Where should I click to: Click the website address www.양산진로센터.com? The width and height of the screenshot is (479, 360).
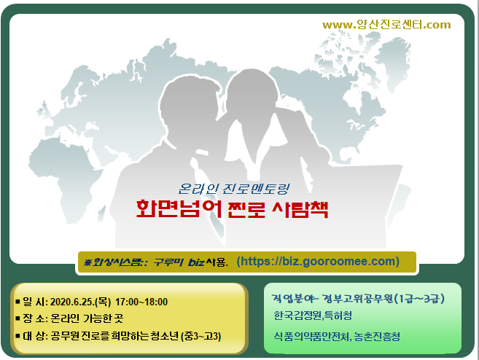(386, 25)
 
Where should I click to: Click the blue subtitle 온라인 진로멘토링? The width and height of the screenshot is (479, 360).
(234, 189)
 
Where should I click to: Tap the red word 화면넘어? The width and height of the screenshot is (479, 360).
(179, 208)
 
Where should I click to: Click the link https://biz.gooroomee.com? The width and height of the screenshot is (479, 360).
(318, 262)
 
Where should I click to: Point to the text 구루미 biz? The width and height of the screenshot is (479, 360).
(179, 262)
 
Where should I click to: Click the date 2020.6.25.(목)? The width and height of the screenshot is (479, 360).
(80, 302)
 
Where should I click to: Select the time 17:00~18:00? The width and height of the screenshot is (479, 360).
(141, 302)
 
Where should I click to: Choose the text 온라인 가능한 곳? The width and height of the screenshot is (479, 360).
(87, 318)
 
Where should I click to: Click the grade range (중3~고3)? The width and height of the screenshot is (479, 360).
(201, 336)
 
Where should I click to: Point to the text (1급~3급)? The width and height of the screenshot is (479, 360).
(419, 298)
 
